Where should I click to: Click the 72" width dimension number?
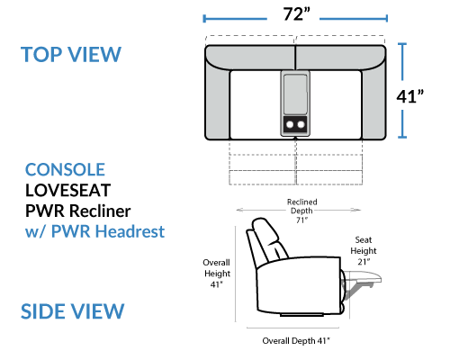(x=297, y=14)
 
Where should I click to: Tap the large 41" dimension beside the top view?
(x=410, y=96)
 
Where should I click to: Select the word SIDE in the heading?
(x=41, y=311)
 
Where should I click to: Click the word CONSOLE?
(x=65, y=170)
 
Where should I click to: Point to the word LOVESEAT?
(x=68, y=190)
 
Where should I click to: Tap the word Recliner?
(x=100, y=211)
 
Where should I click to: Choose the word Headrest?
(x=130, y=231)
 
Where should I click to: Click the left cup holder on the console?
(x=290, y=124)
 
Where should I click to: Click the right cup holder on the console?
(x=301, y=124)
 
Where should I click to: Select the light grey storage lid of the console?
(x=295, y=94)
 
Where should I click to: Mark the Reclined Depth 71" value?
(x=301, y=220)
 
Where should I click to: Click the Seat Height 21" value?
(x=364, y=262)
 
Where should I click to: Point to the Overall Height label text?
(x=217, y=268)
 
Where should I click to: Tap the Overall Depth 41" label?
(x=296, y=341)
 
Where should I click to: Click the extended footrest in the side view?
(x=364, y=276)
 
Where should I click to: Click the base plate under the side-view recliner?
(x=301, y=315)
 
